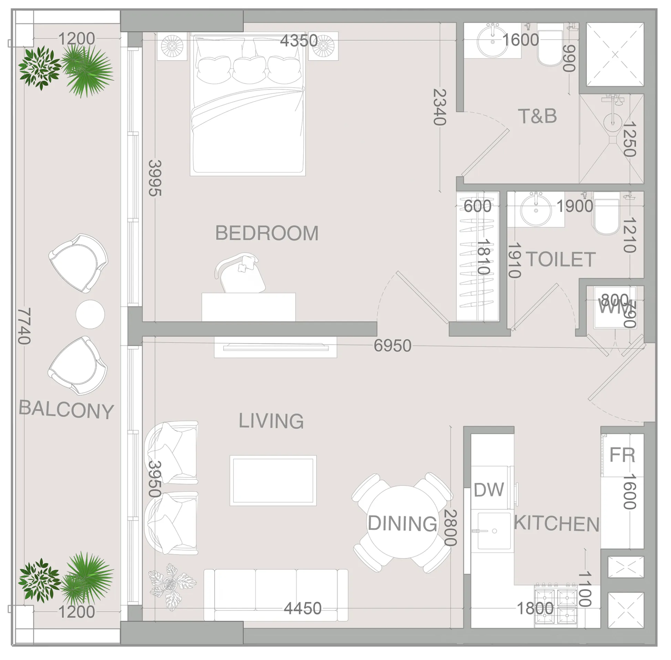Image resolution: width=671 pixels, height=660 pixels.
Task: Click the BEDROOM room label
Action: pos(267,233)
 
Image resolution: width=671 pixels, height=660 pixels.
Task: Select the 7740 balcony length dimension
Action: pos(24,326)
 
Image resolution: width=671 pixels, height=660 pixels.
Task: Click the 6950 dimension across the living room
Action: pos(392,345)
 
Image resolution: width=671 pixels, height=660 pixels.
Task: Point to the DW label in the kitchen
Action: pos(488,490)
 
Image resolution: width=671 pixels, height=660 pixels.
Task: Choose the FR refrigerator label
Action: pos(622,455)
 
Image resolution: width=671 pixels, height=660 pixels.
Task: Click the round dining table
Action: pos(402,522)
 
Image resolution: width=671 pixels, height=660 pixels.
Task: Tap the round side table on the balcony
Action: pos(90,314)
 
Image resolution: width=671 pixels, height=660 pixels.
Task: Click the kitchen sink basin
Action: pos(494,531)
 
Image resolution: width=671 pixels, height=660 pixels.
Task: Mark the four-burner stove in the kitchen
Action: pos(556,605)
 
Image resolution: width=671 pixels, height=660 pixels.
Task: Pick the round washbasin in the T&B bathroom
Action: pos(492,42)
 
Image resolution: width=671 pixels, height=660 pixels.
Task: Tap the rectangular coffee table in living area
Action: pos(273,480)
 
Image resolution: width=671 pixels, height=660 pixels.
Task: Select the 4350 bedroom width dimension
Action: pos(298,41)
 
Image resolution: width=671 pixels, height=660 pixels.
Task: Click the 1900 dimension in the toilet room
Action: pos(575,206)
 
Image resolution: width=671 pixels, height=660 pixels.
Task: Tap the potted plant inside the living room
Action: pos(172,586)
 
